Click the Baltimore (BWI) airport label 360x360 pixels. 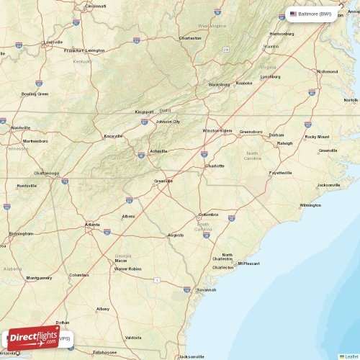point(310,14)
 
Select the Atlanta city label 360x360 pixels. point(93,224)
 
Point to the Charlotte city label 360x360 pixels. point(215,166)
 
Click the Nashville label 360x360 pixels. point(21,127)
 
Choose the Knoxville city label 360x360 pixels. point(113,135)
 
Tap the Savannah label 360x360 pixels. point(206,289)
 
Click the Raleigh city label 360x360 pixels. point(285,143)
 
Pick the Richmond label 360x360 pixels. point(328,71)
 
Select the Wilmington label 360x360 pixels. point(310,205)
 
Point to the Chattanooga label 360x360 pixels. point(47,173)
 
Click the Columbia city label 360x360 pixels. point(209,214)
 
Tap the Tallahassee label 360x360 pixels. point(104,352)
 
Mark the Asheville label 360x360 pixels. point(158,151)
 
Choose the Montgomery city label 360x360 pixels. point(38,278)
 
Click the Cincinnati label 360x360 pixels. point(96,6)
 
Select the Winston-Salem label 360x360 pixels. point(217,131)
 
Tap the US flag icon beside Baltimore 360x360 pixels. point(293,14)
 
